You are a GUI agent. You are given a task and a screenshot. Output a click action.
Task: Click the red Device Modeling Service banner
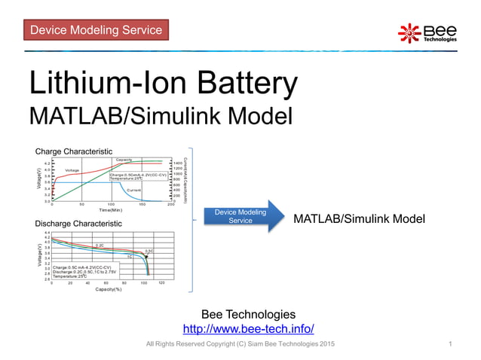tap(95, 30)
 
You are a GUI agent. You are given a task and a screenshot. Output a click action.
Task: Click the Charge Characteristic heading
tap(74, 151)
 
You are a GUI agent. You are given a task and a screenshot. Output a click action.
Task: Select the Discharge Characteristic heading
tap(78, 224)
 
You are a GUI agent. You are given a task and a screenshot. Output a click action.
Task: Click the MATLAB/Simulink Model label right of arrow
tap(360, 218)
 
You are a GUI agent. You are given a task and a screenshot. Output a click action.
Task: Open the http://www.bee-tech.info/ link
tap(248, 329)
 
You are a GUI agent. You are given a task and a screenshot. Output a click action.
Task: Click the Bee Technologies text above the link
tap(248, 314)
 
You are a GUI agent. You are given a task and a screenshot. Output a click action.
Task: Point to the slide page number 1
tap(449, 344)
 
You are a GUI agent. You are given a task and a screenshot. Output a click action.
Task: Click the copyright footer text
tap(240, 344)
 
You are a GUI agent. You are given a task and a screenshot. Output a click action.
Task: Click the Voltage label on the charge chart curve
tap(72, 170)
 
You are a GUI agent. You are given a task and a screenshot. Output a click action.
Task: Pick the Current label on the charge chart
tap(133, 190)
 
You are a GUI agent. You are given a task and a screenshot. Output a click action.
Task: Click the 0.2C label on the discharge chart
tap(99, 245)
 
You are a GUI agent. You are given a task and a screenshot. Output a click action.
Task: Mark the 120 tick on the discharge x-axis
tap(161, 282)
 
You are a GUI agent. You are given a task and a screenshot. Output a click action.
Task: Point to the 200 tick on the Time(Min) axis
tap(170, 205)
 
